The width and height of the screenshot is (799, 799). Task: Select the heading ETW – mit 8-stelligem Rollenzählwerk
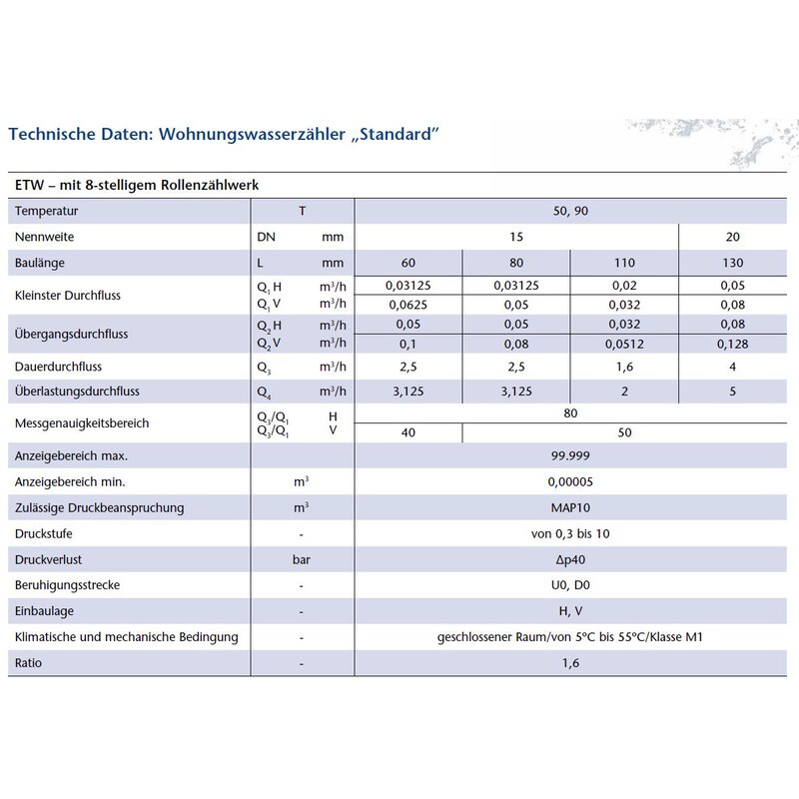(x=138, y=186)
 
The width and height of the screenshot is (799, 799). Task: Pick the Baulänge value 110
(x=624, y=263)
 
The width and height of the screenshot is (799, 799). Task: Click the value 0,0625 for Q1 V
(x=408, y=304)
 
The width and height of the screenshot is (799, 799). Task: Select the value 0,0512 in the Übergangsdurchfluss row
(x=624, y=344)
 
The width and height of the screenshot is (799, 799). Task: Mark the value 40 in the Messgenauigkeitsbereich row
(x=408, y=431)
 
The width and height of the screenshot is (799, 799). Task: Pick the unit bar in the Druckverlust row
(x=302, y=559)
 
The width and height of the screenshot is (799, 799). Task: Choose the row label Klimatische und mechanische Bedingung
(x=126, y=637)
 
